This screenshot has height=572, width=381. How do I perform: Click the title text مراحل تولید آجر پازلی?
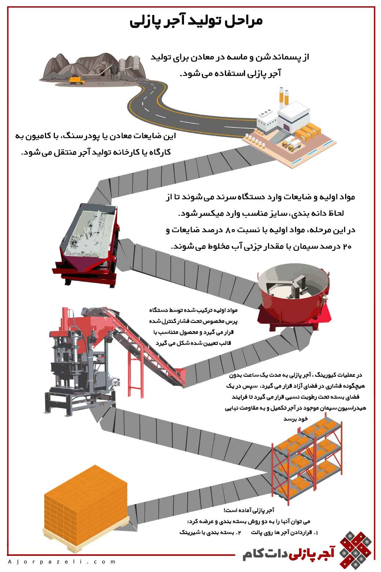tap(196, 21)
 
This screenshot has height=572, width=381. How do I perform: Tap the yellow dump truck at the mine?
tap(77, 80)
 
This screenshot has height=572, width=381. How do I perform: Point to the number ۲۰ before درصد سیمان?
tap(347, 247)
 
